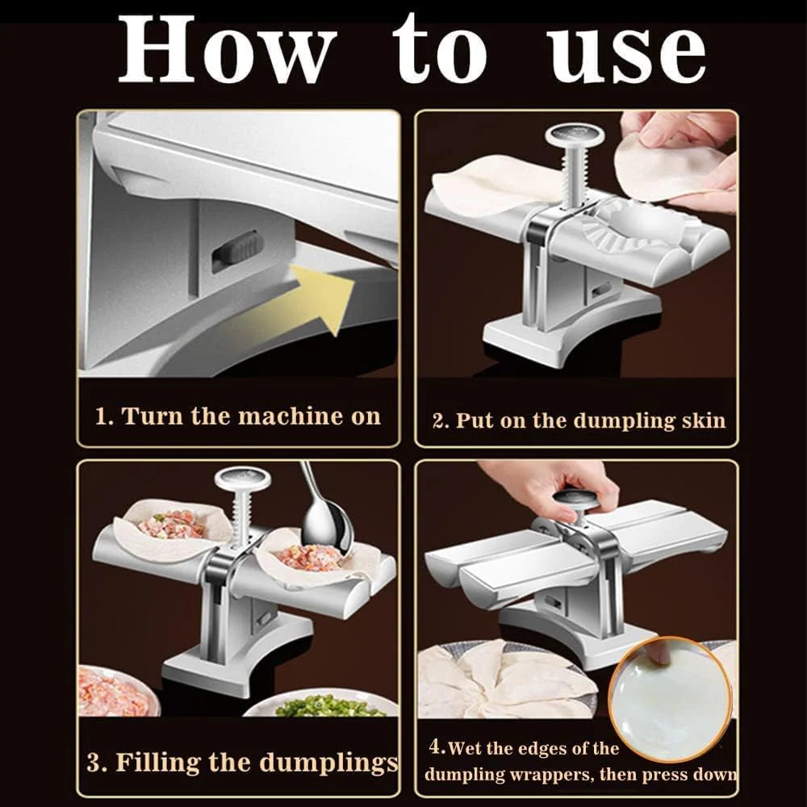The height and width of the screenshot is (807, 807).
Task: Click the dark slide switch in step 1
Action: pyautogui.click(x=237, y=250)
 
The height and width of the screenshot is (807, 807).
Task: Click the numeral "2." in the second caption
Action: pyautogui.click(x=441, y=420)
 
